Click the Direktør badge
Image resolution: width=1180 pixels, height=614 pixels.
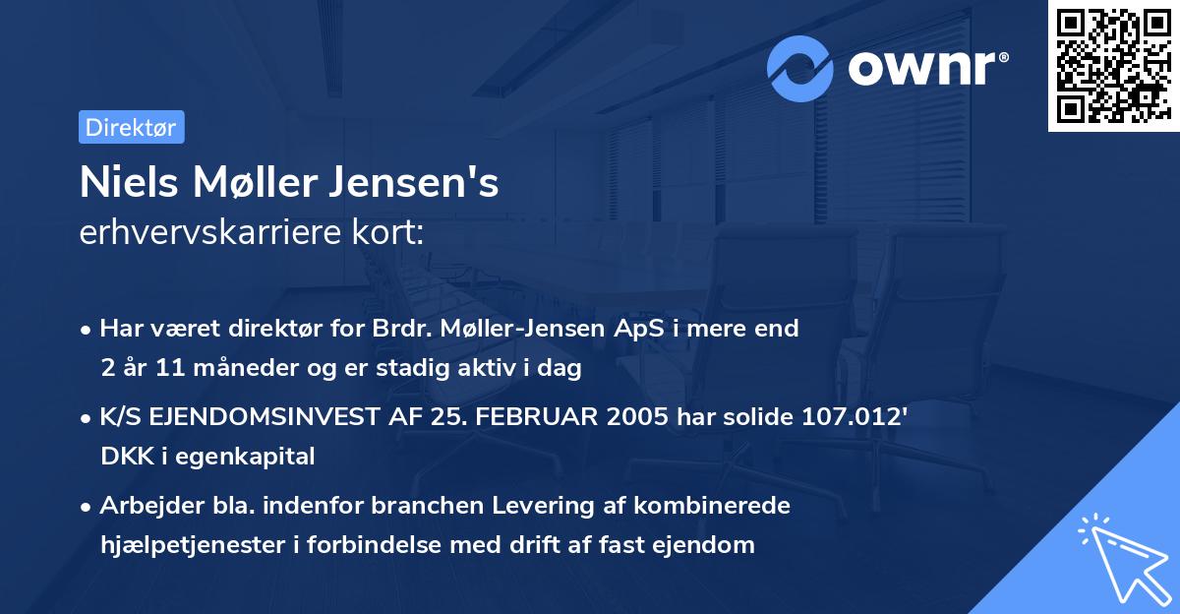pos(131,127)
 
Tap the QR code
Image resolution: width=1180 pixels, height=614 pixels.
pos(1113,66)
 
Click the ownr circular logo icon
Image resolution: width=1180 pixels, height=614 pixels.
pos(800,68)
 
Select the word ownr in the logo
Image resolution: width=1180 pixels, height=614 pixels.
pos(927,68)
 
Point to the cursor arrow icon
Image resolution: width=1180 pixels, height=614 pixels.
pos(1121,562)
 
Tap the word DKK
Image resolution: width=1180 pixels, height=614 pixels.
pos(117,457)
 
